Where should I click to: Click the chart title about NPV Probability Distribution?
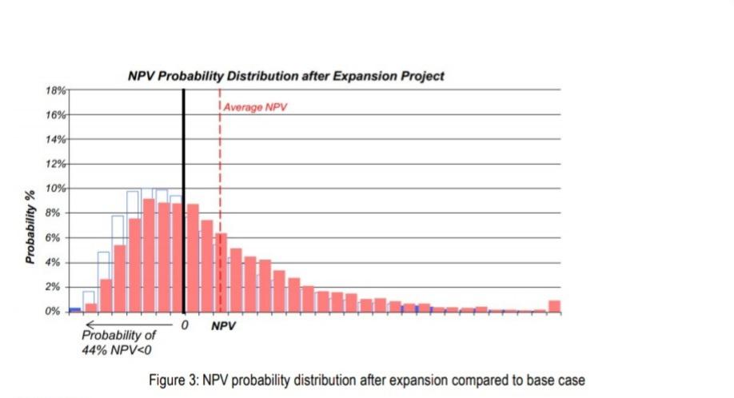click(286, 76)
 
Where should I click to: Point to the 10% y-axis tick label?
click(55, 189)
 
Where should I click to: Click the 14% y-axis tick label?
click(55, 140)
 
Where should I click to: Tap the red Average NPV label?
click(249, 107)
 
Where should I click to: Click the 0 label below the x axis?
click(185, 326)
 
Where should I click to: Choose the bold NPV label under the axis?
click(224, 326)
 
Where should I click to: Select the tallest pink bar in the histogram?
click(149, 256)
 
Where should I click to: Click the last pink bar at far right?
click(554, 306)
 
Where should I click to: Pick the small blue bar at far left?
click(74, 309)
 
